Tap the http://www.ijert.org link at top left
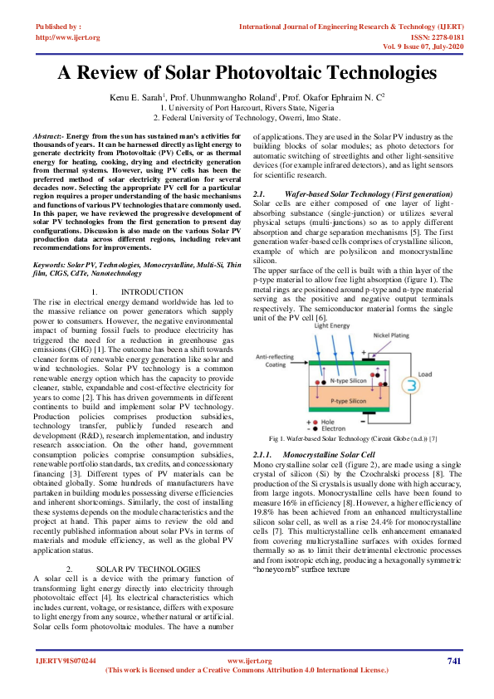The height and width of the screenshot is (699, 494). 67,37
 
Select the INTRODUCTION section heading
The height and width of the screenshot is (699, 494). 152,291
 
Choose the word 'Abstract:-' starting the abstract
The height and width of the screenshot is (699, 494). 48,134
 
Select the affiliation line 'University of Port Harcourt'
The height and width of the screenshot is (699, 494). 247,107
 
